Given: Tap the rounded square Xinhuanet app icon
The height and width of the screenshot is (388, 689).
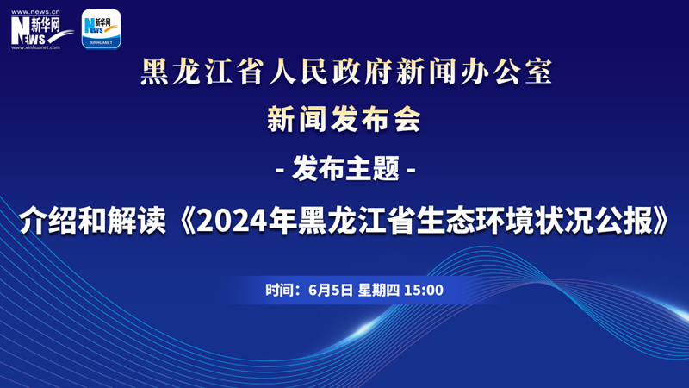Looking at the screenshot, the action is click(x=101, y=29).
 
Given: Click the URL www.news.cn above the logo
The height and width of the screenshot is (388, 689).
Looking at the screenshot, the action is click(x=35, y=12).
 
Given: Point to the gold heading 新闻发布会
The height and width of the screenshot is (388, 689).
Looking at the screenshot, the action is click(x=344, y=119).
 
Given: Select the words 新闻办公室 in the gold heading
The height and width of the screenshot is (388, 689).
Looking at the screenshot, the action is click(x=474, y=72).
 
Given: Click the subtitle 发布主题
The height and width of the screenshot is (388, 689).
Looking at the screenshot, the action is click(x=346, y=168).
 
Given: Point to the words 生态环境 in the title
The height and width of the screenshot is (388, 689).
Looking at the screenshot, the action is click(x=475, y=221).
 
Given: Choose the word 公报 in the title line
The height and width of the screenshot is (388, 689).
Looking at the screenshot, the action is click(x=624, y=221).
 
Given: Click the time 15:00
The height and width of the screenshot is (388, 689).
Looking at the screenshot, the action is click(x=423, y=291).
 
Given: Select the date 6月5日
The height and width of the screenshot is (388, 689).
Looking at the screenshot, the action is click(x=331, y=291).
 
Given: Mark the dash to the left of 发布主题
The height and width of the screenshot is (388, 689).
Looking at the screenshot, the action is click(x=279, y=169).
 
